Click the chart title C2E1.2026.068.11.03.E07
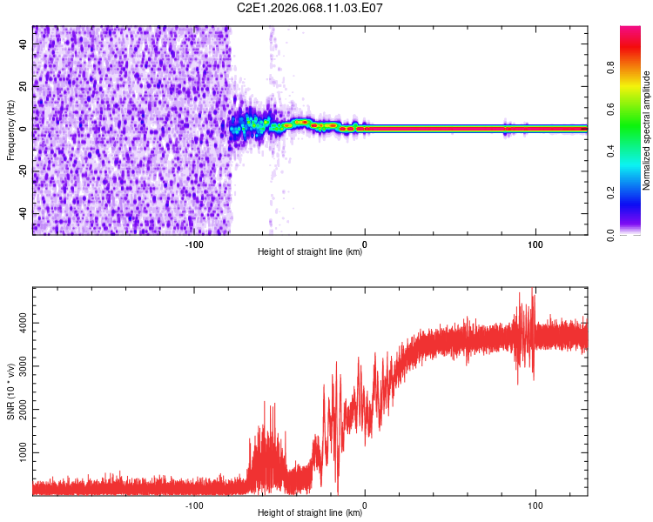(310, 8)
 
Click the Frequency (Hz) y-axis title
(10, 130)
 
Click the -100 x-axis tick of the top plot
(194, 244)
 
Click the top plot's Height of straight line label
(310, 252)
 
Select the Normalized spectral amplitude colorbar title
(647, 130)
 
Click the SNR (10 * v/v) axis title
(10, 391)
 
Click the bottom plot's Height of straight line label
(310, 513)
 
